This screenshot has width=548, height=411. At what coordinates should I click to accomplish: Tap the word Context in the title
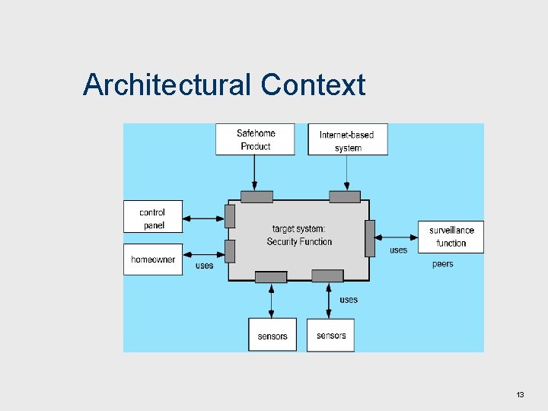point(313,84)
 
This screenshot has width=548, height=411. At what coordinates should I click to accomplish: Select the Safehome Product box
point(255,139)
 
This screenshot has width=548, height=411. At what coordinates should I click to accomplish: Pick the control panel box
point(153,218)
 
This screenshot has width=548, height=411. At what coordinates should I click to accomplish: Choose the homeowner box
point(153,260)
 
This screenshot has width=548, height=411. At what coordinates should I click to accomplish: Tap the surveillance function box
point(451,237)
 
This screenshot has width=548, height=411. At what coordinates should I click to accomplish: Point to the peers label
point(442,264)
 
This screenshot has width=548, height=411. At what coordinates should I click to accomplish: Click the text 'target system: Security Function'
point(299,235)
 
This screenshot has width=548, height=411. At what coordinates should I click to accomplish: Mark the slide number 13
point(521,394)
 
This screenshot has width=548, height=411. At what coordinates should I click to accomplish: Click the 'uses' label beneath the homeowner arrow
point(204,266)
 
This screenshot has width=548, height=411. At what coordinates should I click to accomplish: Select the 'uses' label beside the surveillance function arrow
point(398,250)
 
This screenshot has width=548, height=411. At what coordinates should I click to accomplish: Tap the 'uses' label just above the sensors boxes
point(349,300)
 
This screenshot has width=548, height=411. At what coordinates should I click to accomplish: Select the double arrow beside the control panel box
point(204,218)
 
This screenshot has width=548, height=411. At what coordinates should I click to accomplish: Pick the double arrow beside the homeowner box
point(204,254)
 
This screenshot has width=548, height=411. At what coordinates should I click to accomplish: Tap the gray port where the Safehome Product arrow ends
point(256,196)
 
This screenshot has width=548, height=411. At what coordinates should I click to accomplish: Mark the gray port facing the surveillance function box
point(370,237)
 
